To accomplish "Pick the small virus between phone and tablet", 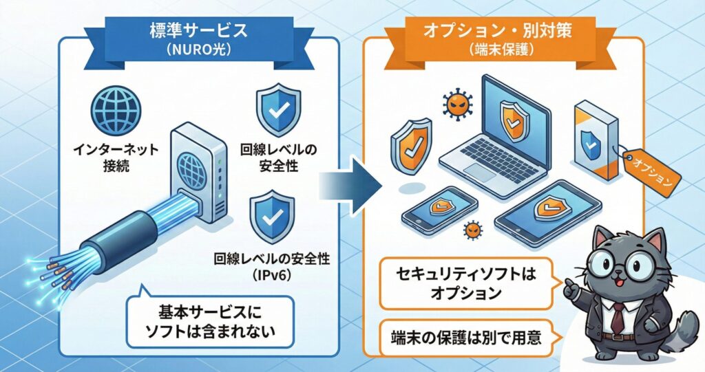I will tap(472, 230).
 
